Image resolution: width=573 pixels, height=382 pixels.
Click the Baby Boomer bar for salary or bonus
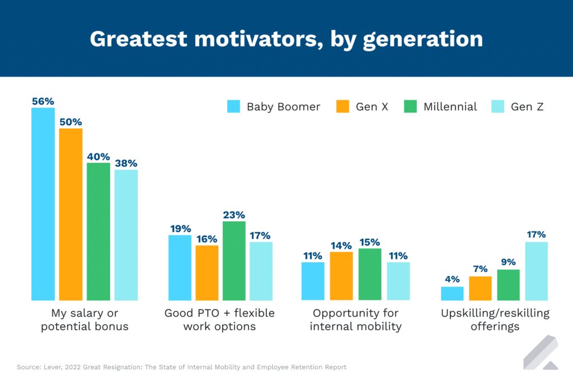click(x=43, y=204)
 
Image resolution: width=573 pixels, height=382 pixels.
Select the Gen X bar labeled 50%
click(x=71, y=214)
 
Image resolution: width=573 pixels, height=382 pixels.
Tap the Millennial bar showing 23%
click(x=234, y=261)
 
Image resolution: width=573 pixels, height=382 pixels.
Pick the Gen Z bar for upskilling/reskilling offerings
click(x=536, y=271)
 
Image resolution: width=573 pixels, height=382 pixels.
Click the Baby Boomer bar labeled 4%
click(x=452, y=294)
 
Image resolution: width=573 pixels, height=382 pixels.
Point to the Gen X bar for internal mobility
click(x=341, y=276)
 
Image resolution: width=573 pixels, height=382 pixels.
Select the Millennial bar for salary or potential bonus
click(x=98, y=232)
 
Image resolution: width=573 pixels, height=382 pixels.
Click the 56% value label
click(x=43, y=101)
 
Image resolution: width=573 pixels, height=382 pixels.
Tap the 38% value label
click(x=126, y=163)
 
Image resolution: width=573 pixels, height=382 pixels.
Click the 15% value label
click(x=369, y=242)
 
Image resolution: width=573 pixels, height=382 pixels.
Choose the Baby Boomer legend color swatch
click(x=233, y=106)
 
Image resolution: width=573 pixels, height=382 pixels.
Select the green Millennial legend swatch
click(x=411, y=106)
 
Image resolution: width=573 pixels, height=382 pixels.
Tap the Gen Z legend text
click(x=527, y=106)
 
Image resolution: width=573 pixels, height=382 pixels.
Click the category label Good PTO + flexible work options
click(x=219, y=319)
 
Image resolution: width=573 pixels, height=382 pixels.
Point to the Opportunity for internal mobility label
click(x=356, y=319)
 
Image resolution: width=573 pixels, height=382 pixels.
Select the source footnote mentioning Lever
click(x=181, y=367)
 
